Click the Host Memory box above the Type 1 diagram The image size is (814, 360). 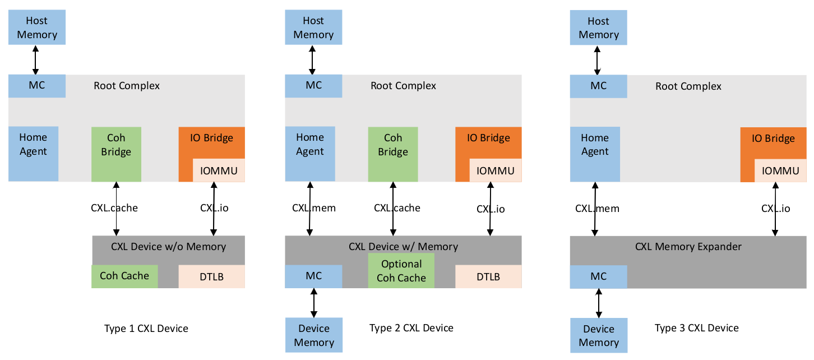coord(37,28)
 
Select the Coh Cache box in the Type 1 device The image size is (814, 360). coord(124,276)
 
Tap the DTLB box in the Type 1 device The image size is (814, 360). coord(211,276)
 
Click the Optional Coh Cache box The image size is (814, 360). coord(401,271)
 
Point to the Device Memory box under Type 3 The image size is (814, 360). coord(599,335)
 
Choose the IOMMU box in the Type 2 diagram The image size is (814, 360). coord(496,171)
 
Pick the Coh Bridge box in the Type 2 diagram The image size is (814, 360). coord(393,145)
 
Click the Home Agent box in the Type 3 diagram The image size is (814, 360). coord(595,145)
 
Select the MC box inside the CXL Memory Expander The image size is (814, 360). coord(599,276)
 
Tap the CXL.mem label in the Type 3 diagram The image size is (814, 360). coord(597,209)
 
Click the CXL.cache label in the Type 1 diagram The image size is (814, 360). coord(114,208)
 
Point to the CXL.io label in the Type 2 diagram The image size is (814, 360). coord(491,209)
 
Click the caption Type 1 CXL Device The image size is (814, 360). coord(146,329)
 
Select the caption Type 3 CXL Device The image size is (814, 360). coord(697,328)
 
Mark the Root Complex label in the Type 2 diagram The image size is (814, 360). coord(403,86)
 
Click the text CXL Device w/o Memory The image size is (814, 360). coord(168,247)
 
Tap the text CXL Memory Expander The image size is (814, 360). coord(688,247)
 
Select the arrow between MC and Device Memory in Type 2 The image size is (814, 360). coord(314,303)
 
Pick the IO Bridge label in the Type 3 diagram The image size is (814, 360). coord(773,139)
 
